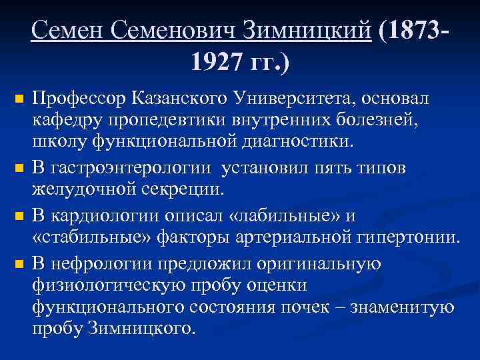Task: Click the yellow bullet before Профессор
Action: click(19, 100)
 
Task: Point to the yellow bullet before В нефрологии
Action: click(19, 263)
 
